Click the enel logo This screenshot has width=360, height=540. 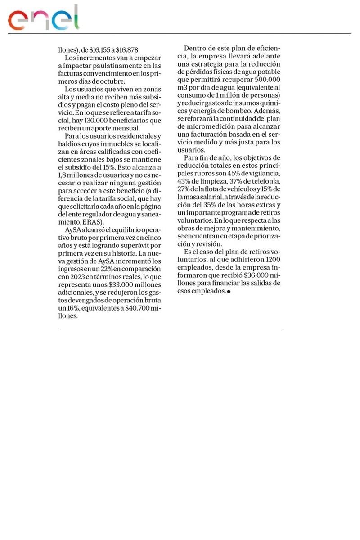click(43, 19)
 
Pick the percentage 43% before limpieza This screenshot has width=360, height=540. click(184, 181)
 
